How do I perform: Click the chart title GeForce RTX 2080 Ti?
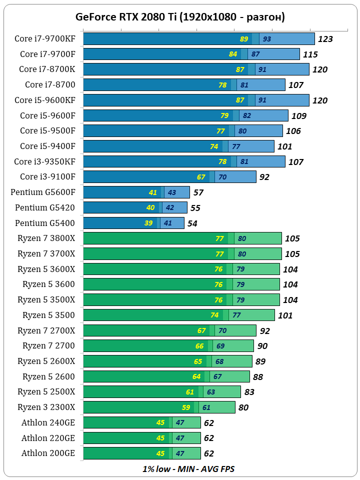coord(180,17)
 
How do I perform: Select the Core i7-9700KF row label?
coord(45,38)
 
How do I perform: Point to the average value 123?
coord(325,39)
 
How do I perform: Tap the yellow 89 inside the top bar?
coord(244,39)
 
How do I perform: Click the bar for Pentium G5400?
coord(133,223)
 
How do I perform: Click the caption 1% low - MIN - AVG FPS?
coord(188,469)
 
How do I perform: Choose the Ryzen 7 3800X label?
coord(46,238)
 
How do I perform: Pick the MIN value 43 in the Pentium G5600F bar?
coord(171,192)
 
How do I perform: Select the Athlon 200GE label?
coord(48,453)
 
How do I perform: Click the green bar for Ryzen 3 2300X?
coord(159,407)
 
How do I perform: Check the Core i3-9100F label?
coord(48,177)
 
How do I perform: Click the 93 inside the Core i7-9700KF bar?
coord(267,39)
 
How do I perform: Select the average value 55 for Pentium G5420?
coord(195,208)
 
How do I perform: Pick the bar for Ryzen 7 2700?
coord(168,346)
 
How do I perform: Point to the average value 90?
coord(262,346)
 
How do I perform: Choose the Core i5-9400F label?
coord(48,146)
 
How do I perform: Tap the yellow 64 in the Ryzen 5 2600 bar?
coord(196,376)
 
